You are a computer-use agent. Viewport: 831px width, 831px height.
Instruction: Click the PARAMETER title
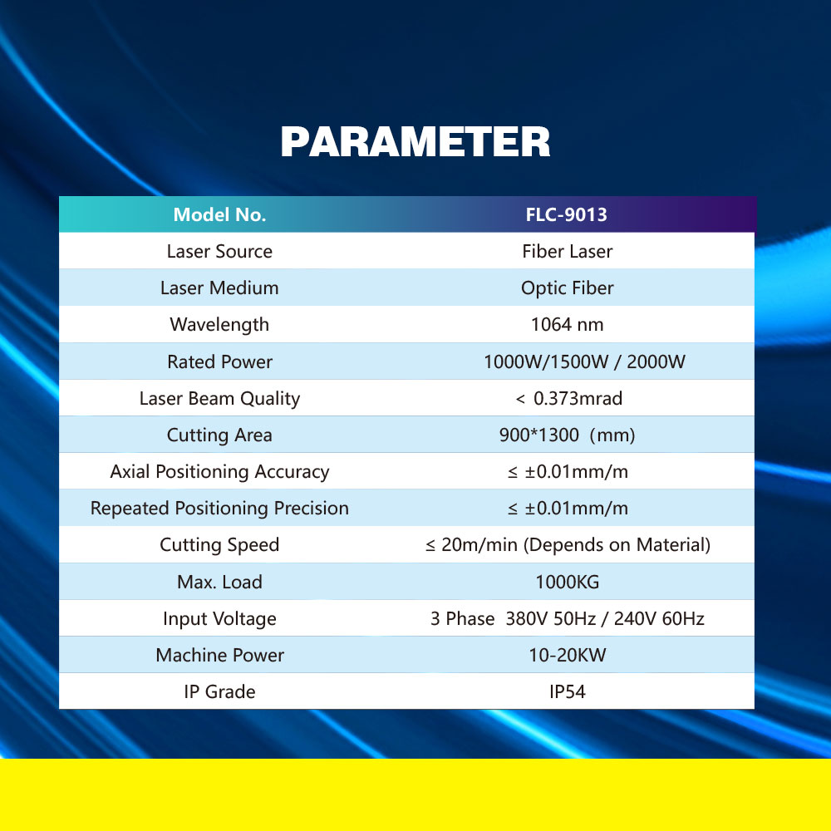tap(415, 141)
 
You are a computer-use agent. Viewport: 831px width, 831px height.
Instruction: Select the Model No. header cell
tap(219, 214)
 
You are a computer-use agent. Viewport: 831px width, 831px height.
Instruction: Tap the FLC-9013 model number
tap(567, 214)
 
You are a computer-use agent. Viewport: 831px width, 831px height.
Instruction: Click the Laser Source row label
tap(219, 251)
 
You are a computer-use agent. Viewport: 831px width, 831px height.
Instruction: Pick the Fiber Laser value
tap(567, 251)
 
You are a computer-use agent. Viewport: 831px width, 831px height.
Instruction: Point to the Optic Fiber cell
tap(567, 288)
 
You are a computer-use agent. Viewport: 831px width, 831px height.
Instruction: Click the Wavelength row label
tap(219, 324)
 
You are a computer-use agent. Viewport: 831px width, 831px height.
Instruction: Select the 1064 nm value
tap(567, 324)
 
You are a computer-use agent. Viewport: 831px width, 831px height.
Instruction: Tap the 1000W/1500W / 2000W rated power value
tap(584, 361)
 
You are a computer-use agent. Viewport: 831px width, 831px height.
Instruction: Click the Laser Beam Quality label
tap(219, 398)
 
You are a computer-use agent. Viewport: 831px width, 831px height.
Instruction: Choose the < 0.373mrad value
tap(568, 398)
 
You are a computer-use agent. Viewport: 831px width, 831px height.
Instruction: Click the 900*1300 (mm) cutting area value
tap(567, 435)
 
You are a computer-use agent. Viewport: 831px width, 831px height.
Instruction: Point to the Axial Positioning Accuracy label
tap(219, 472)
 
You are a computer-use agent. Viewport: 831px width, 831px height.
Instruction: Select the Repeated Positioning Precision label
tap(219, 509)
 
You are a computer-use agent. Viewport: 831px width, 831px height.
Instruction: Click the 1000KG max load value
tap(567, 582)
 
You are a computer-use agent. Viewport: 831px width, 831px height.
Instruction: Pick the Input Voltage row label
tap(219, 618)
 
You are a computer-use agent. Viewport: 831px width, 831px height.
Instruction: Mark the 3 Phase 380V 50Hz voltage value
tap(513, 618)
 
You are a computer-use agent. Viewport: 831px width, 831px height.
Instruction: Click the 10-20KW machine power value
tap(567, 655)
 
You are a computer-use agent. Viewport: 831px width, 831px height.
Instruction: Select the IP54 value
tap(567, 691)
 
